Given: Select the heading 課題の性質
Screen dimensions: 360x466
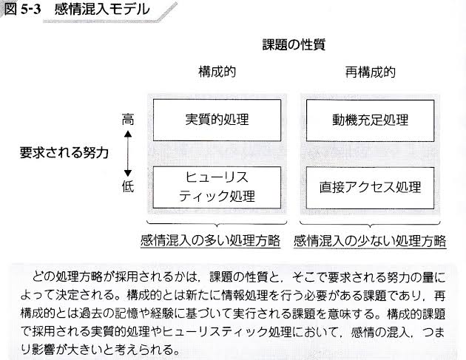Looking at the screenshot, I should [294, 45].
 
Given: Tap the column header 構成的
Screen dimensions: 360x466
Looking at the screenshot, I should [216, 73].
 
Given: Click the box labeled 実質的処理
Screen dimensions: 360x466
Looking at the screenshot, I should [217, 120].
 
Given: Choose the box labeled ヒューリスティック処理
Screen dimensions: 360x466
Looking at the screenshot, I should [217, 187].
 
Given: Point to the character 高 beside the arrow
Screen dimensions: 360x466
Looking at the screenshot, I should [127, 118].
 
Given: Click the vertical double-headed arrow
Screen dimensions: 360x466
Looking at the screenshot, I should [127, 153].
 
